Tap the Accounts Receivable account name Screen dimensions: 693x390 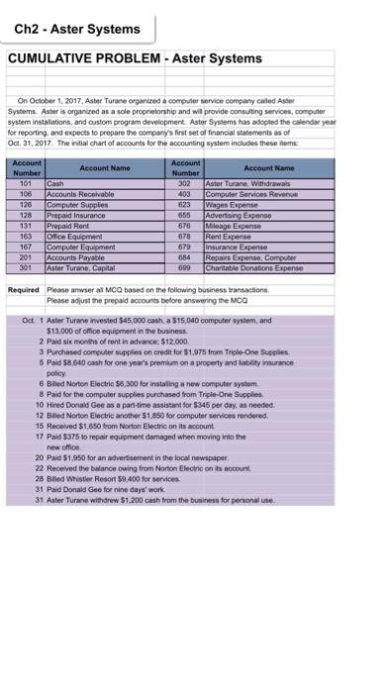point(74,193)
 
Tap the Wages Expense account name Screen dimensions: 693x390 point(231,202)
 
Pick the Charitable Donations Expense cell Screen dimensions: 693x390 point(255,269)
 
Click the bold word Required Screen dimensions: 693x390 point(24,290)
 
